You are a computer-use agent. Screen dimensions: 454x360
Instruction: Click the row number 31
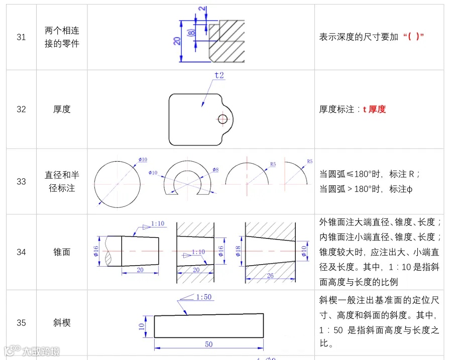tap(21, 37)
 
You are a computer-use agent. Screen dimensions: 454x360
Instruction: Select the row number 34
tap(21, 252)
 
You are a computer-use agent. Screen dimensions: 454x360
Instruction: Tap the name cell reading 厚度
tap(62, 109)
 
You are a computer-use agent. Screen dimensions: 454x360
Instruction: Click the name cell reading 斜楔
tap(62, 322)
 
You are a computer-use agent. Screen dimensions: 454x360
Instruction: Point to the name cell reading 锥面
tap(62, 252)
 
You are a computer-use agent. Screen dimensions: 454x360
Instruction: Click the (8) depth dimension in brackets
tap(191, 33)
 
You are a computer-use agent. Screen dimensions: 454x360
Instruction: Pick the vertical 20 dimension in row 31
tap(177, 41)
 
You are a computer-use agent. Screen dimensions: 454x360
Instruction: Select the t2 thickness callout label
tap(219, 75)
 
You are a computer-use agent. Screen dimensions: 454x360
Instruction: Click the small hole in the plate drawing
tap(223, 119)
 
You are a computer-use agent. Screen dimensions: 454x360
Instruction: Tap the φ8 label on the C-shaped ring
tap(215, 170)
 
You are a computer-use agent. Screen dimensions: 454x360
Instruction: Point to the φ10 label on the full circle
tap(143, 160)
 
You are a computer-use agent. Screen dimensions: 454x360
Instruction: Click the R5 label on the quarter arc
tap(309, 161)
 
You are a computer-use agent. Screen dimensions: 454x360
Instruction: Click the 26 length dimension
tap(270, 275)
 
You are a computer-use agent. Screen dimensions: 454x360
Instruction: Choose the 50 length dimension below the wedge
tap(209, 344)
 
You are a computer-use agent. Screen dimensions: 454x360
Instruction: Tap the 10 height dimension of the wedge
tap(142, 326)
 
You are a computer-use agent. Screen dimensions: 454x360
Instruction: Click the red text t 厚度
tap(374, 109)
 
